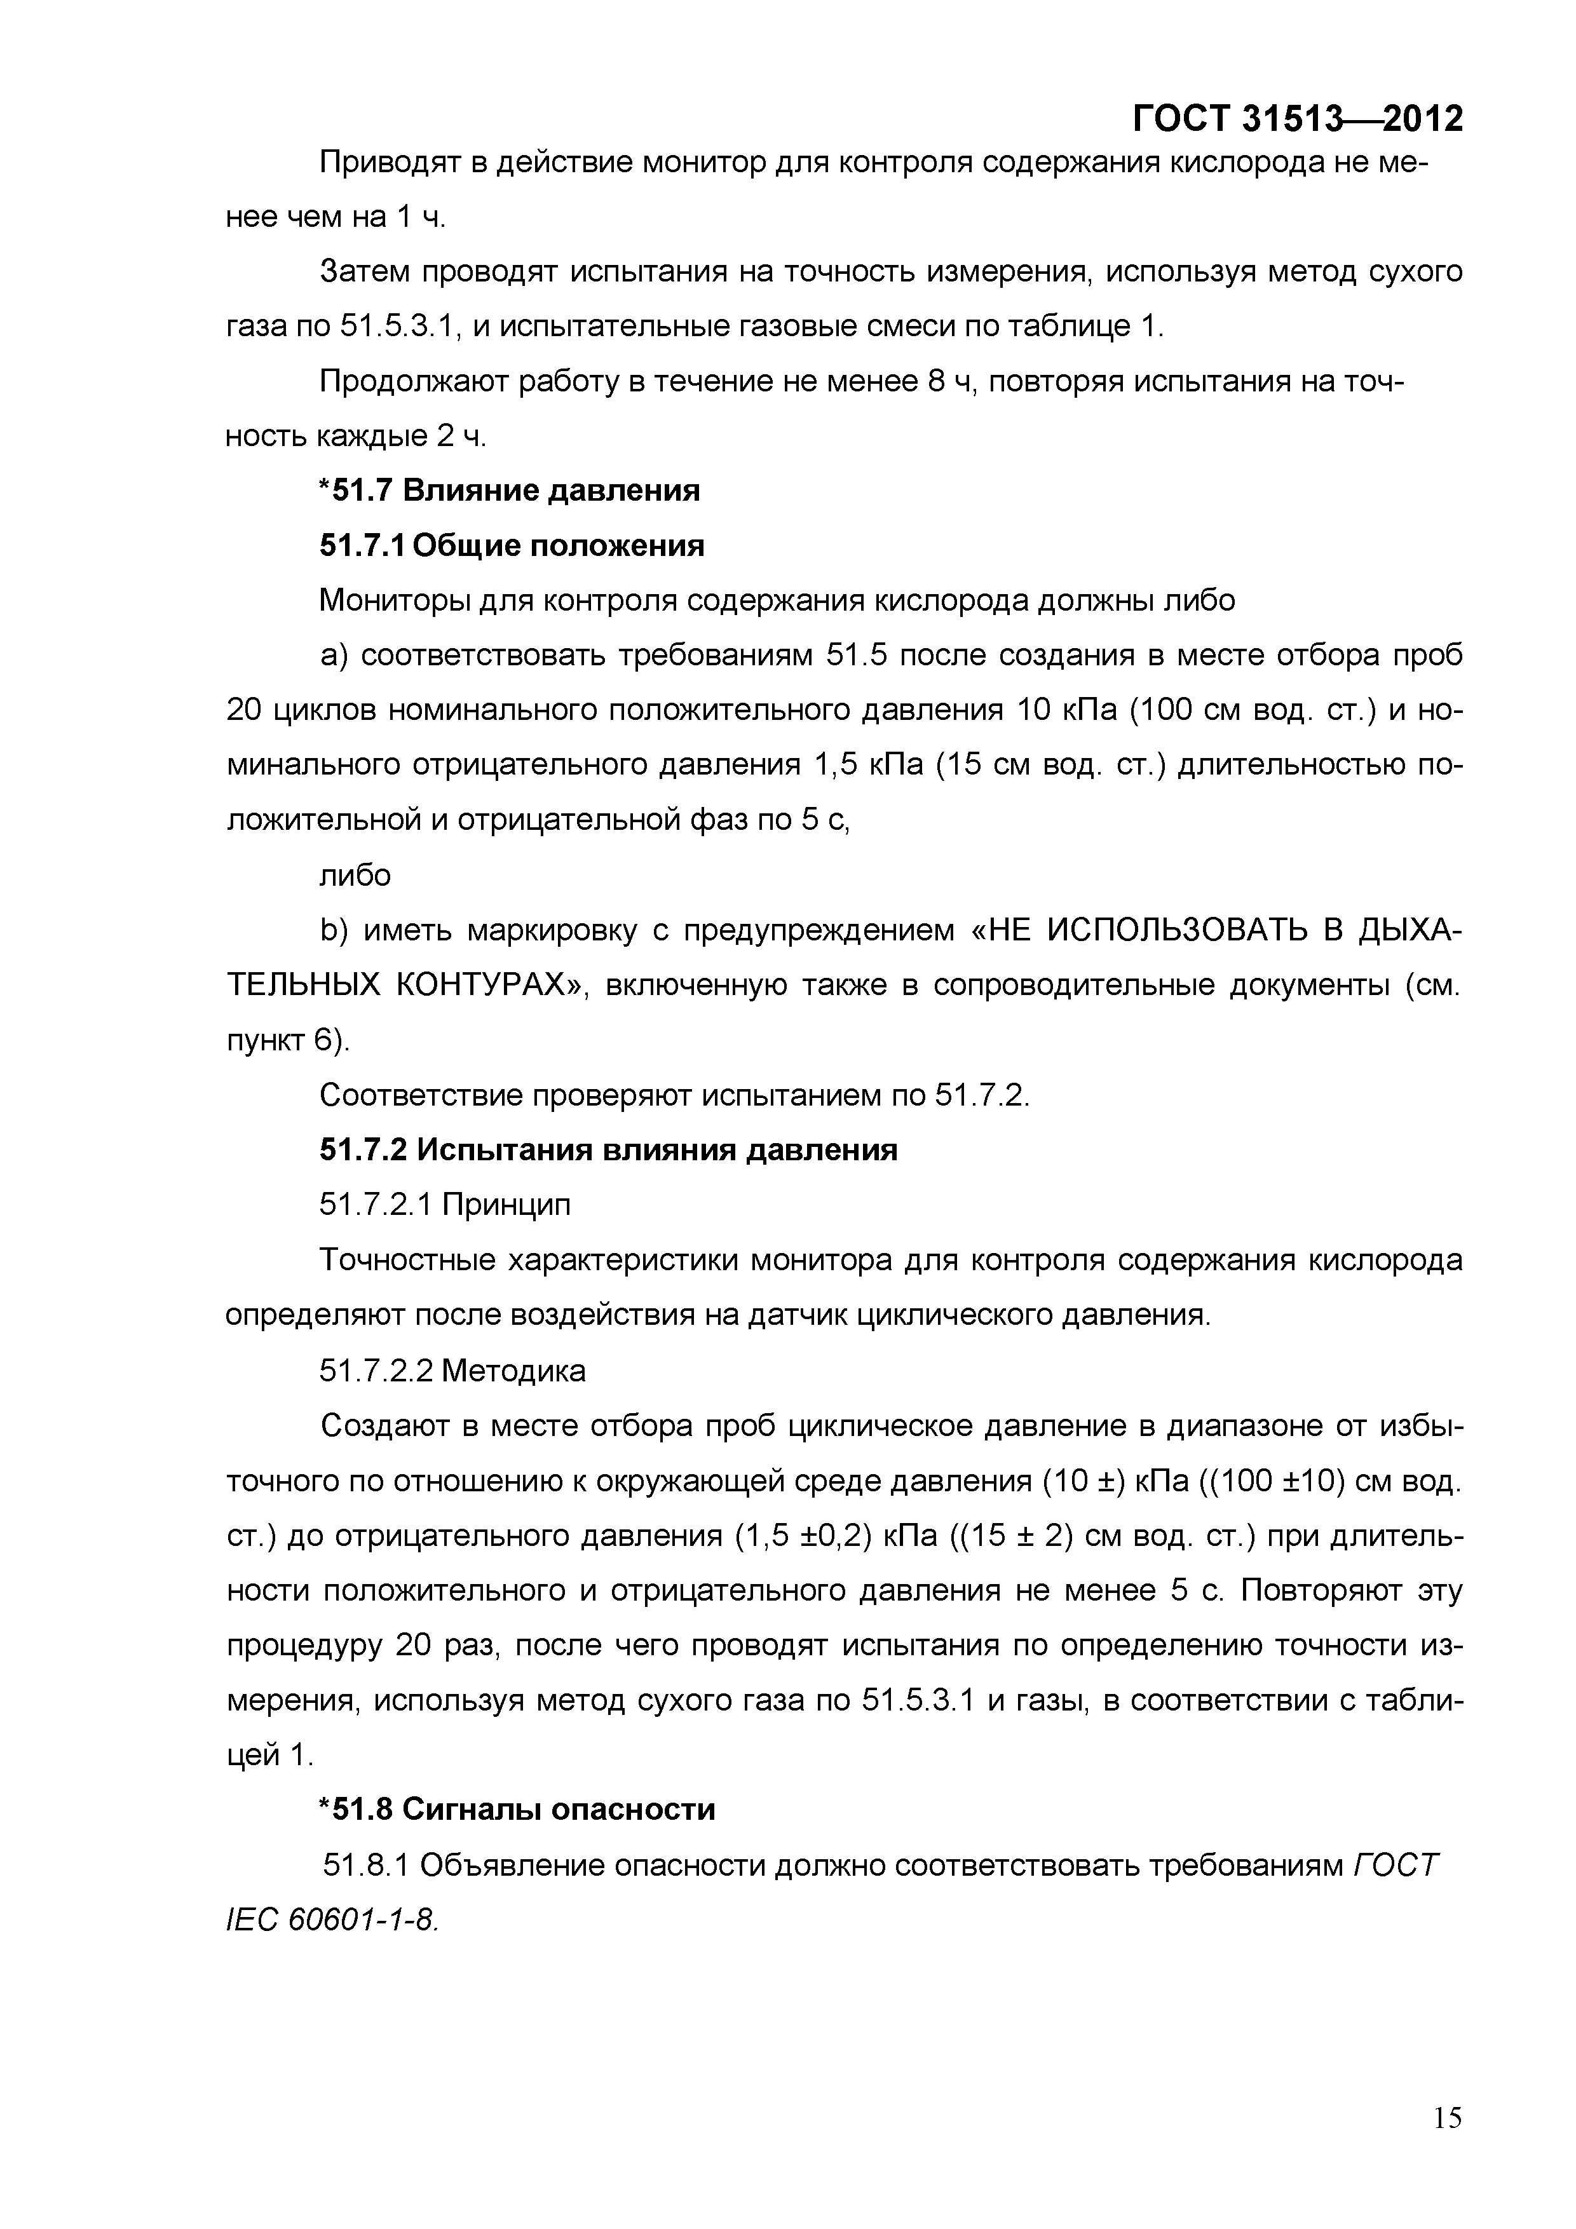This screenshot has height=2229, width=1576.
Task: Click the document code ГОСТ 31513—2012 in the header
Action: tap(1297, 118)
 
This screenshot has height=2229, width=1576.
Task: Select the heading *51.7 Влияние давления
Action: tap(510, 491)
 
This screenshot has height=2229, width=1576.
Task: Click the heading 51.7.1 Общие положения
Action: tap(512, 546)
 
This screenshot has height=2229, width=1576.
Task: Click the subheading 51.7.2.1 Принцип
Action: tap(445, 1205)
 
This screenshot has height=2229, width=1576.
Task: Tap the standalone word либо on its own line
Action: tap(355, 876)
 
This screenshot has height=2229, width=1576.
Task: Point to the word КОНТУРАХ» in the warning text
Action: tap(494, 986)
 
